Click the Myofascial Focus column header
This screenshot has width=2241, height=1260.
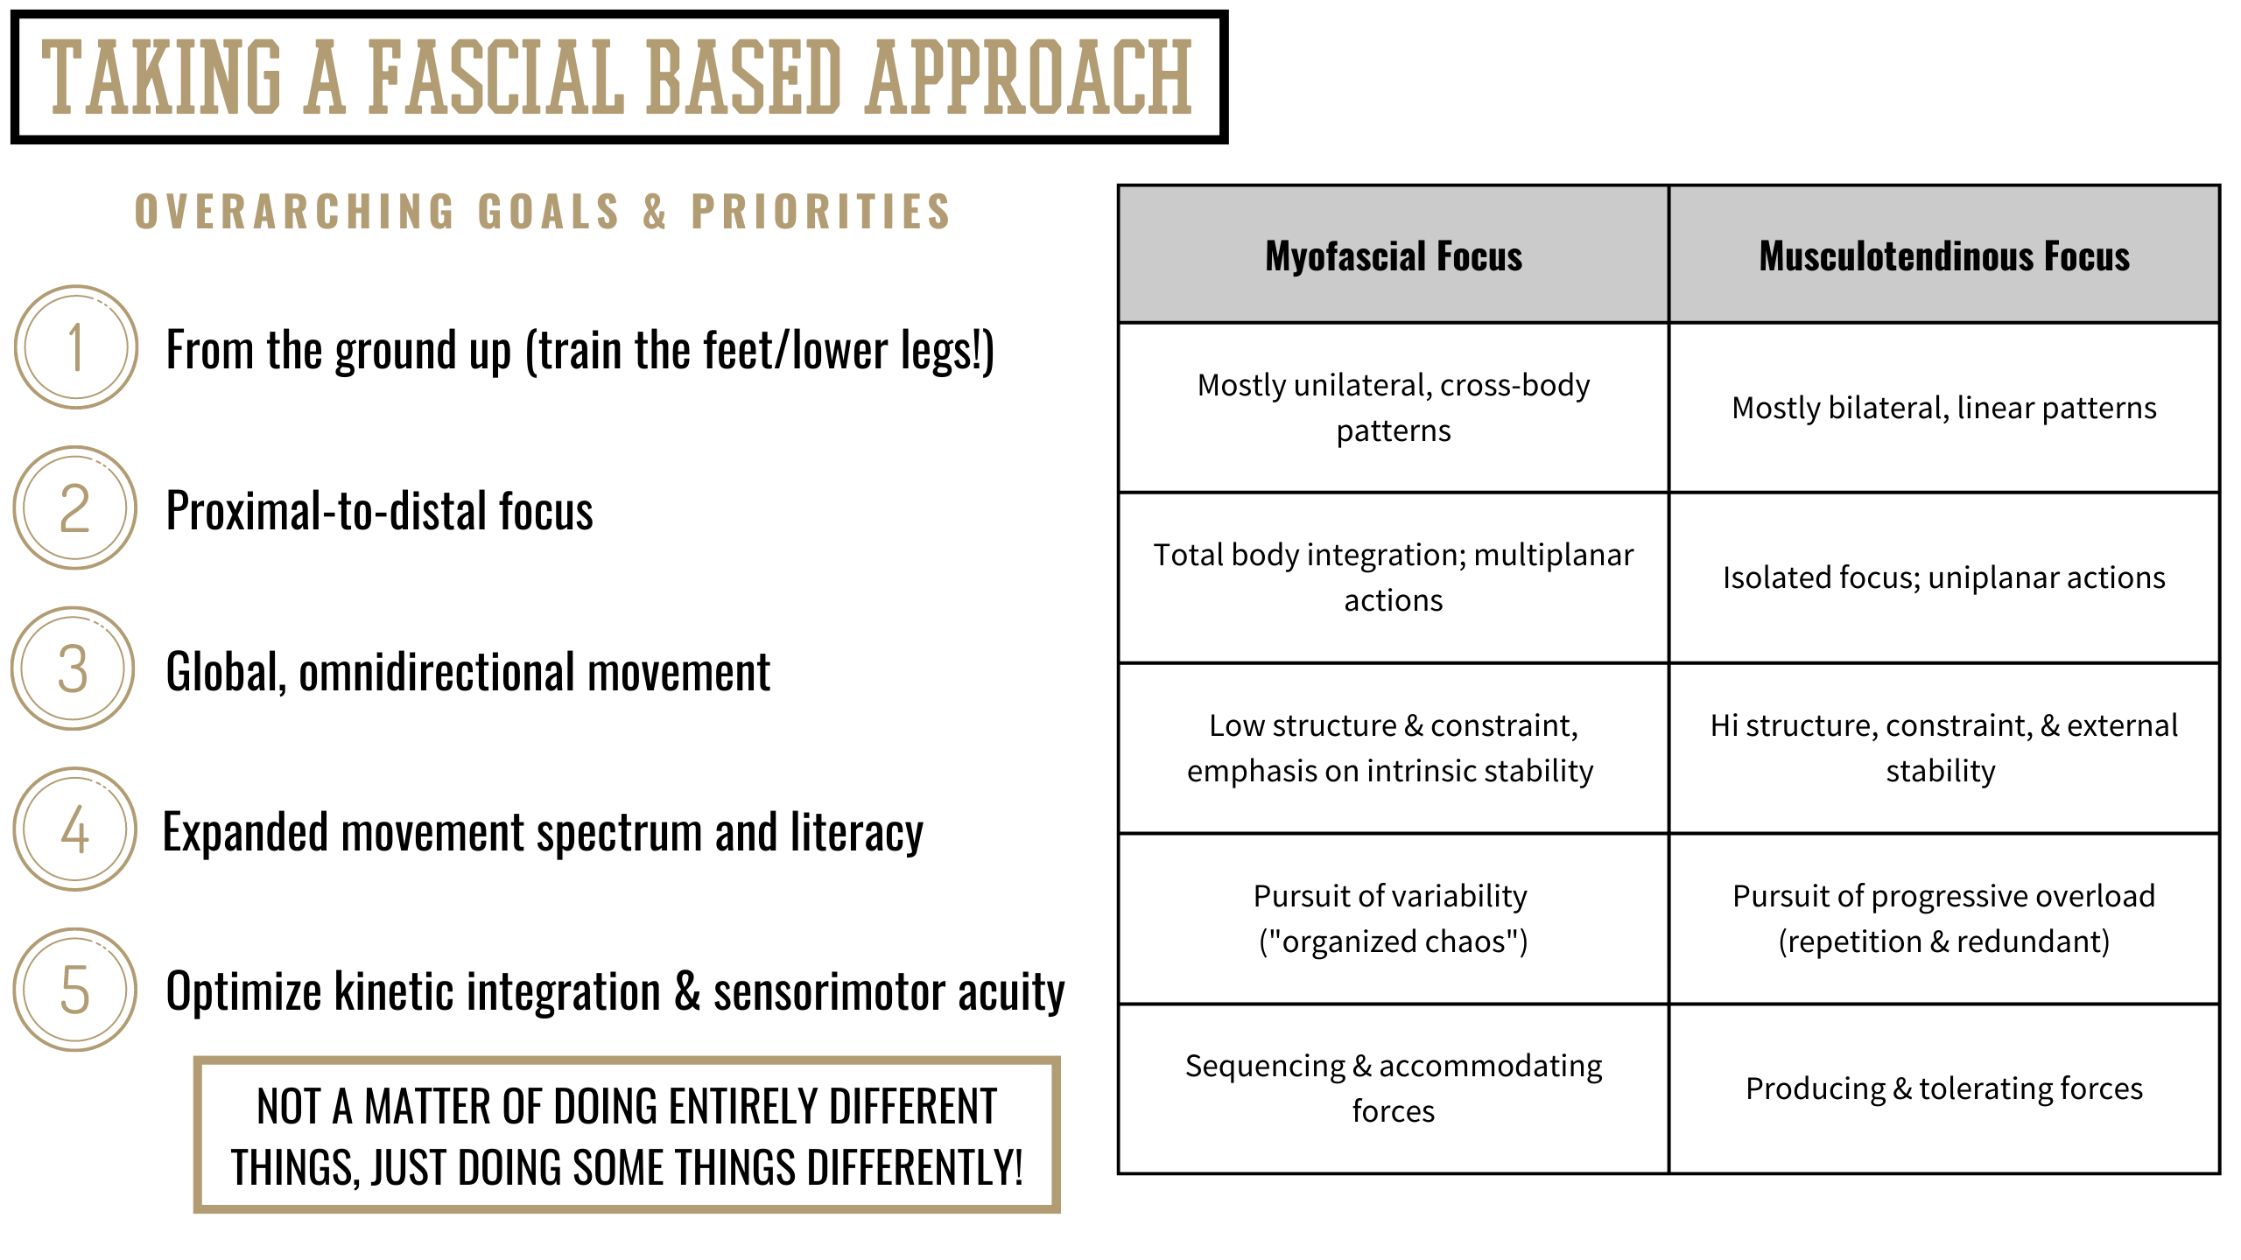1394,255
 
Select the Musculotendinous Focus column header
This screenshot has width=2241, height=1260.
1944,255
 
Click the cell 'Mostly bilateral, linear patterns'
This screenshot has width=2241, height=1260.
1944,408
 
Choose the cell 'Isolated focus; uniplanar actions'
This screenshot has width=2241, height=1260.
1944,577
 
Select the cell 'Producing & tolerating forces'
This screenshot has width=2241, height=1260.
1944,1088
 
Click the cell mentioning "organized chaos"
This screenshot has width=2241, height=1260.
1394,919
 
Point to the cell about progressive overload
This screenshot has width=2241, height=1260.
1944,919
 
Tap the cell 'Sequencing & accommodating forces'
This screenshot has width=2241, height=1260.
1394,1088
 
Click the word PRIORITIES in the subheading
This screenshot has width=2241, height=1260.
821,212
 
